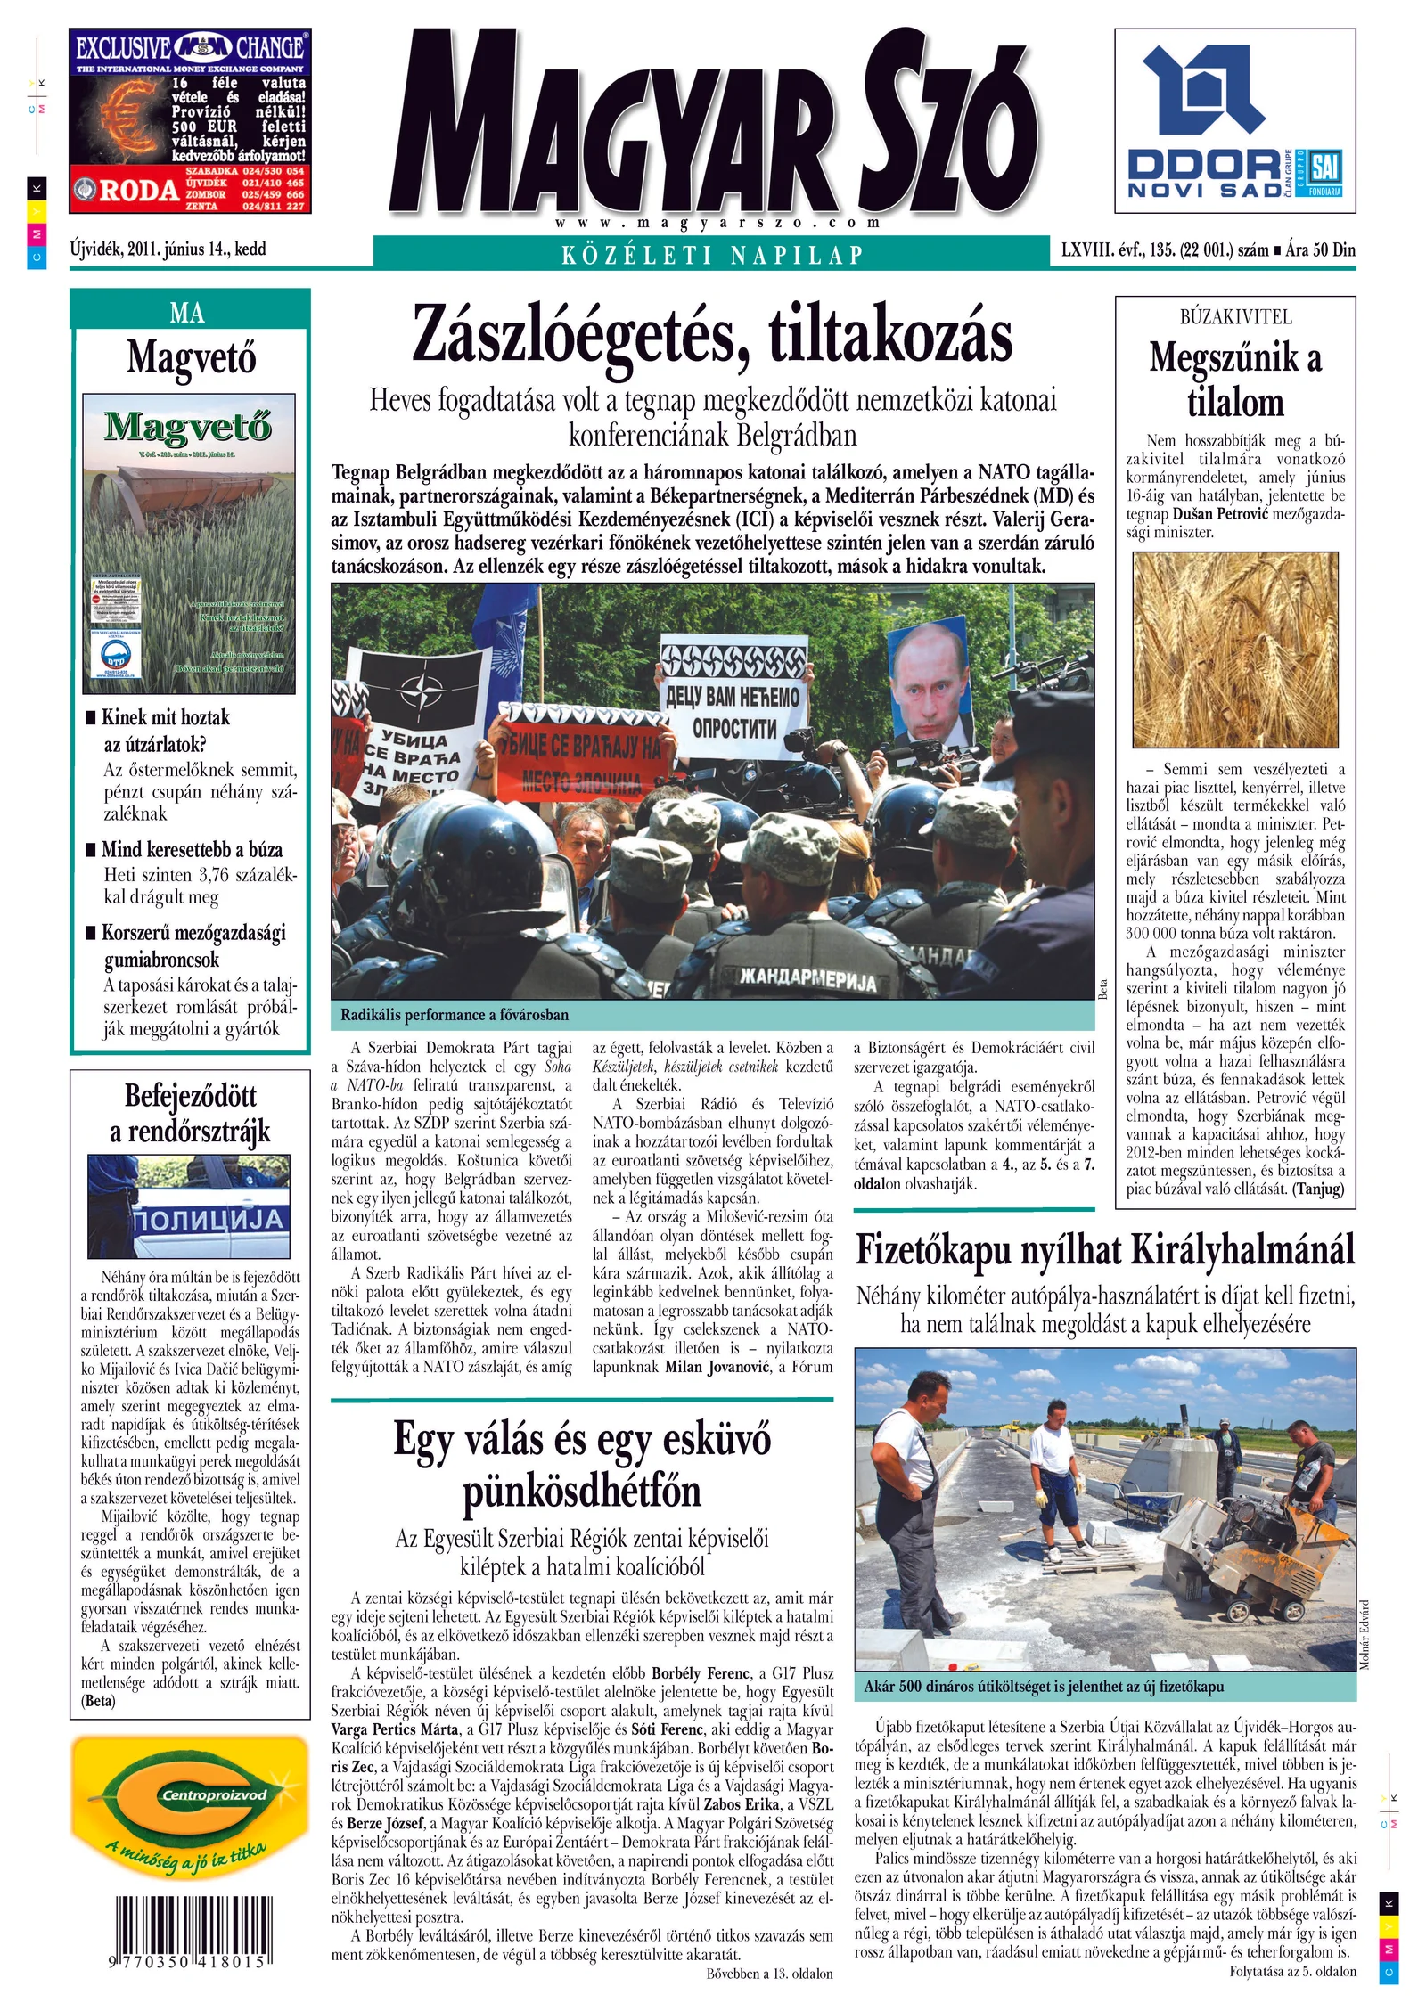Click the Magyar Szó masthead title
[713, 125]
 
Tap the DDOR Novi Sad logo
[1234, 120]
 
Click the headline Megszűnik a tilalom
[1235, 380]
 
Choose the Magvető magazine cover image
[189, 544]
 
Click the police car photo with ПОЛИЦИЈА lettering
[189, 1206]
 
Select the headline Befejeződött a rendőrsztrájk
[190, 1114]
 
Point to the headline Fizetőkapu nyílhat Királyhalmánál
[1105, 1250]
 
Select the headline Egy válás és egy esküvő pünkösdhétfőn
[582, 1466]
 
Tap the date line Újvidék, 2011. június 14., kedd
[168, 249]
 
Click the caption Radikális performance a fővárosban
[455, 1015]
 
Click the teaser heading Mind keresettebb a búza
[192, 849]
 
